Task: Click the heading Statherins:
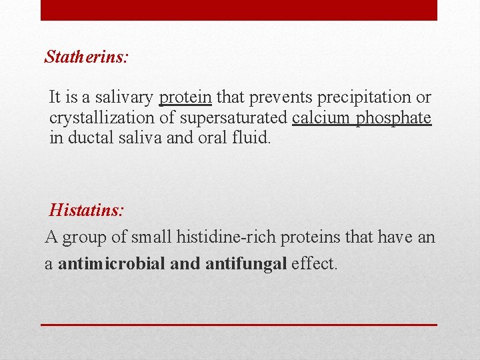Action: click(87, 57)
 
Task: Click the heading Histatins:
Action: click(87, 211)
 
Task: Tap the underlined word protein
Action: click(185, 97)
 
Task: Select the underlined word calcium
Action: click(321, 118)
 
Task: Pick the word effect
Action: click(315, 263)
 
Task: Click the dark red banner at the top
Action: click(239, 10)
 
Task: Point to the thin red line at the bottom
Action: click(239, 325)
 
